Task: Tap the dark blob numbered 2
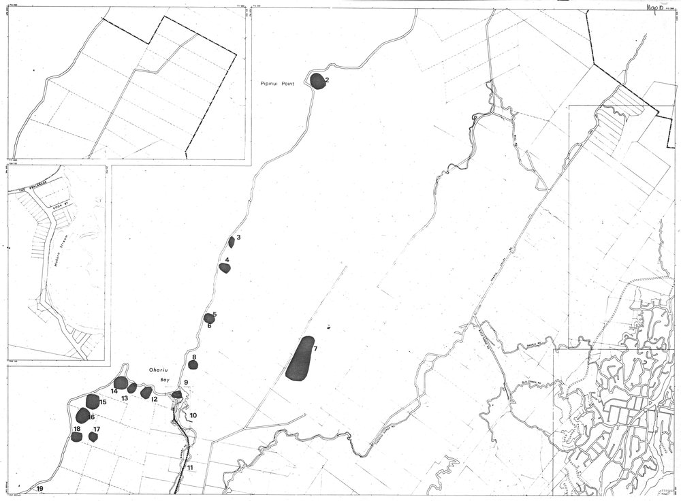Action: tap(317, 81)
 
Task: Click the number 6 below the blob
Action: tap(209, 326)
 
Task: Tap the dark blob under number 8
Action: tap(193, 365)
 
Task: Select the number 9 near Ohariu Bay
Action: tap(186, 383)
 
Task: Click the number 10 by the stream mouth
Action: tap(193, 415)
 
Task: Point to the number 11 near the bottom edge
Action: tap(190, 468)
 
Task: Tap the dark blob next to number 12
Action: tap(146, 392)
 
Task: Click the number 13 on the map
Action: tap(125, 398)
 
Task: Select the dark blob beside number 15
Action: tap(93, 401)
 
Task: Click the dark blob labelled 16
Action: tap(83, 415)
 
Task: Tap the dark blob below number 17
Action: tap(94, 437)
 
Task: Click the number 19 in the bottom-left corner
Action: tap(40, 489)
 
